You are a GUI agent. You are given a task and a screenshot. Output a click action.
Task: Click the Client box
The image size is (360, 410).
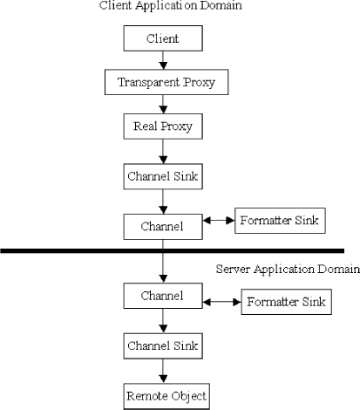(x=163, y=39)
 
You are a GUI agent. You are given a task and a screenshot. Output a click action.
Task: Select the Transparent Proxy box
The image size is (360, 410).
(x=163, y=84)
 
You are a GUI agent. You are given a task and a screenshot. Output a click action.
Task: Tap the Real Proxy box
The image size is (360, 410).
(x=163, y=127)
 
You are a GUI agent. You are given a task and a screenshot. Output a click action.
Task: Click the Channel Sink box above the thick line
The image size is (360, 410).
(x=163, y=178)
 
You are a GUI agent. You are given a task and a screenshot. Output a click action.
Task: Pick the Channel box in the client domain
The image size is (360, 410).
(x=163, y=225)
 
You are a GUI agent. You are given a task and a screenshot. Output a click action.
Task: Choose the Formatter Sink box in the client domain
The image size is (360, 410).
(x=279, y=221)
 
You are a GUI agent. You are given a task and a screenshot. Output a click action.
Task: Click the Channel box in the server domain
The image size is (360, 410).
(x=163, y=296)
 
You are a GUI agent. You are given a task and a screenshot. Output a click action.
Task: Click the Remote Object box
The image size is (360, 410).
(x=163, y=397)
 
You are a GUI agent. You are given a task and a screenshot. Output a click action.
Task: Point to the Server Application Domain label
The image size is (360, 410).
(x=288, y=270)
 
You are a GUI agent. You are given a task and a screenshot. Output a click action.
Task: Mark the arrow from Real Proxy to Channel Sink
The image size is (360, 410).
(x=163, y=152)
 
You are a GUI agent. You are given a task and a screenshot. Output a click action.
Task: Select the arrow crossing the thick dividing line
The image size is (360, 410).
(x=163, y=262)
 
